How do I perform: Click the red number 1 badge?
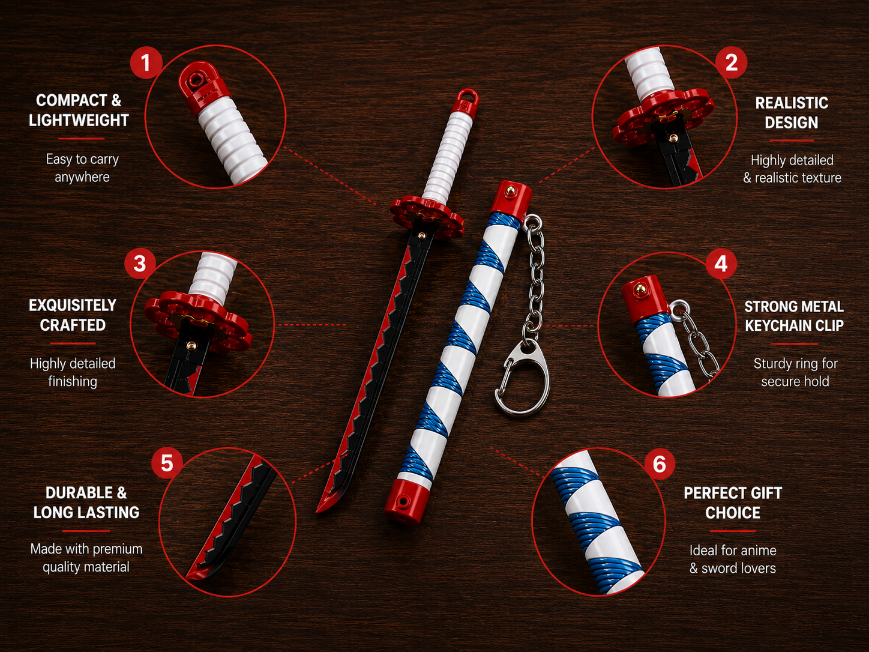(x=146, y=62)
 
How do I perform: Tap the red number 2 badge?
(x=731, y=62)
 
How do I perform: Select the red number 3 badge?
(x=140, y=264)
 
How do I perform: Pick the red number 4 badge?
(x=721, y=264)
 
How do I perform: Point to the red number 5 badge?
(x=167, y=463)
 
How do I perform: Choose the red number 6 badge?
(x=660, y=463)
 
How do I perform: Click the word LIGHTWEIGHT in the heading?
(x=79, y=120)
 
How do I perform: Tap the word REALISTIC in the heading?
(x=792, y=103)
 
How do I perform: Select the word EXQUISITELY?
(x=73, y=305)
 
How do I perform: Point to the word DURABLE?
(x=79, y=494)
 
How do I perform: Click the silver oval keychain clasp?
(x=522, y=378)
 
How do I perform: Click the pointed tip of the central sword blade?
(x=317, y=511)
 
